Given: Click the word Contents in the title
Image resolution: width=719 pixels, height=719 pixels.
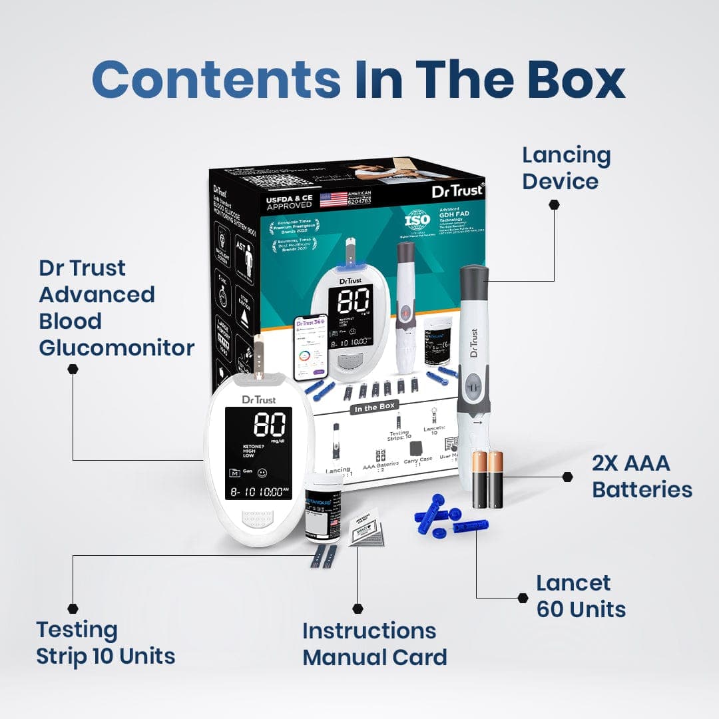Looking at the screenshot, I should (216, 79).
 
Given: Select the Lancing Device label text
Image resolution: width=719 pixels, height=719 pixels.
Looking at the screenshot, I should (566, 168).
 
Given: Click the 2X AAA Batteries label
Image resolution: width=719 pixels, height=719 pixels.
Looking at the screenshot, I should (642, 477).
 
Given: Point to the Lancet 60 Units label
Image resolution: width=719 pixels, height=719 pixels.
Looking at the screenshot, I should (581, 597).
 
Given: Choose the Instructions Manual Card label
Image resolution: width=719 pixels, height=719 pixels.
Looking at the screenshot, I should (374, 644).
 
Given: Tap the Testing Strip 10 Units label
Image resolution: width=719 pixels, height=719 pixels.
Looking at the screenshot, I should (105, 642).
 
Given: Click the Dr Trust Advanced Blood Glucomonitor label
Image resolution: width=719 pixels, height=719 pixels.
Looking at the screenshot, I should (117, 308).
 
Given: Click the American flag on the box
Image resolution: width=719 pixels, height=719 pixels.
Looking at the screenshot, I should (334, 199).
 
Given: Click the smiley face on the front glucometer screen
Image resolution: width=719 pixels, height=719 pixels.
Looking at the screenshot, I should (262, 473).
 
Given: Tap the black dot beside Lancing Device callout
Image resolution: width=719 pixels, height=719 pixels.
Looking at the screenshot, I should (553, 204).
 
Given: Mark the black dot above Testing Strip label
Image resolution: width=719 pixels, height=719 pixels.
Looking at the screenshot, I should (73, 608).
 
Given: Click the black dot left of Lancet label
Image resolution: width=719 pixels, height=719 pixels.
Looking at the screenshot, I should (523, 598).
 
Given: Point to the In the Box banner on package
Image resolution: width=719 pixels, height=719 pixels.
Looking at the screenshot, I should (373, 407).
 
